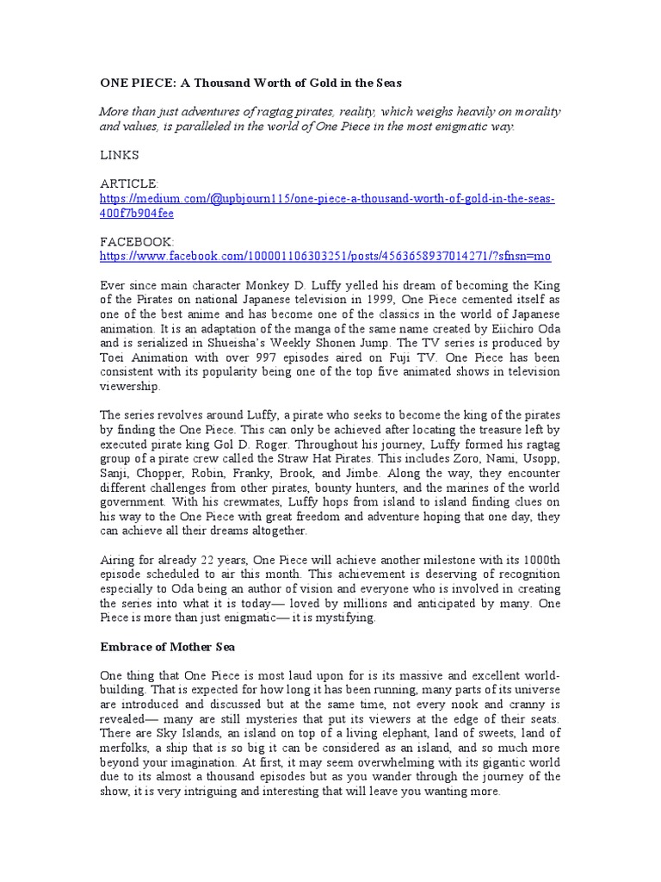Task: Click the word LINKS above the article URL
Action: click(119, 155)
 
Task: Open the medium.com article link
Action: click(327, 199)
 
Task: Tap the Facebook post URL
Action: click(325, 257)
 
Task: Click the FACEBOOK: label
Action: click(137, 243)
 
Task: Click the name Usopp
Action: click(537, 459)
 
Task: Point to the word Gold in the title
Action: click(300, 83)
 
